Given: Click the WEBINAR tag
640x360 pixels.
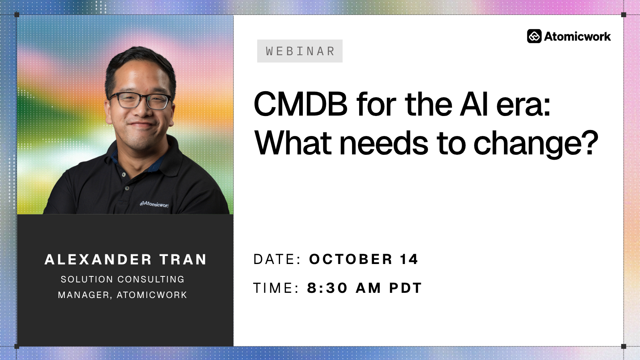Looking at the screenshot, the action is click(300, 51).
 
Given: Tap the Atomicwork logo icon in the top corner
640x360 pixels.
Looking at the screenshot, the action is click(534, 36).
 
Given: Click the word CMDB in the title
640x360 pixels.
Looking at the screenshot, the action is click(300, 104).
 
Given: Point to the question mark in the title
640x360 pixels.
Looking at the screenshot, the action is click(590, 142).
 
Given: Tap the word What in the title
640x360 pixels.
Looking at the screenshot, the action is click(293, 143).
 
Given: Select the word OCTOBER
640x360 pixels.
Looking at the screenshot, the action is click(350, 259).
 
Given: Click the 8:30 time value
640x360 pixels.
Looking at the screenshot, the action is click(327, 288).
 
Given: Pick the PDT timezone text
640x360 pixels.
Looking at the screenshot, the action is click(406, 288).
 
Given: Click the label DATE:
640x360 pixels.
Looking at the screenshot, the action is click(277, 259).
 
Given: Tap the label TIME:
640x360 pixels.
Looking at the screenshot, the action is click(276, 288).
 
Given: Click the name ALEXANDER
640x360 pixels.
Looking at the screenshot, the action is click(98, 260).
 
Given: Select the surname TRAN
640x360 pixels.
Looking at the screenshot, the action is click(183, 260).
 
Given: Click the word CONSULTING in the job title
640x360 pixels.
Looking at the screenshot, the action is click(151, 279).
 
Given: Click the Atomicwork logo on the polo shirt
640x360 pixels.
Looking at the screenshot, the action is click(154, 204).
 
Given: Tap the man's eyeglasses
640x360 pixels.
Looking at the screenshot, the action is click(140, 100).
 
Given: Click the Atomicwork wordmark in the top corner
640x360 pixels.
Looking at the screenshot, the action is click(577, 36).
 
